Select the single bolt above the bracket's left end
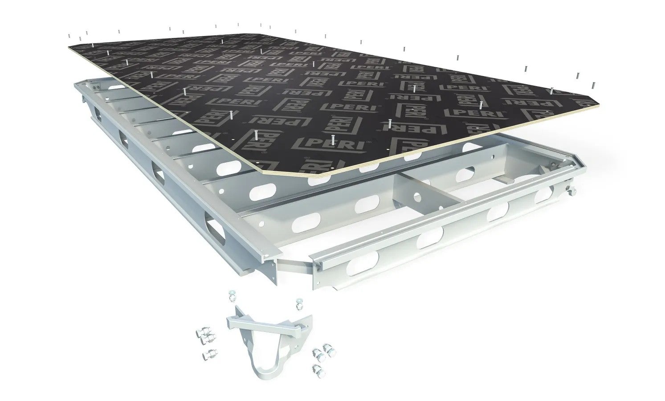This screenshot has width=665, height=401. pyautogui.click(x=232, y=295)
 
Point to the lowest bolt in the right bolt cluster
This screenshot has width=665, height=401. pyautogui.click(x=317, y=368)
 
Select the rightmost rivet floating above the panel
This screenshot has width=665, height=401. pyautogui.click(x=593, y=84)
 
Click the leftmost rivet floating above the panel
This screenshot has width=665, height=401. pyautogui.click(x=69, y=36)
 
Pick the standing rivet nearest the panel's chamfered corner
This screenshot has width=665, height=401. pyautogui.click(x=257, y=135)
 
